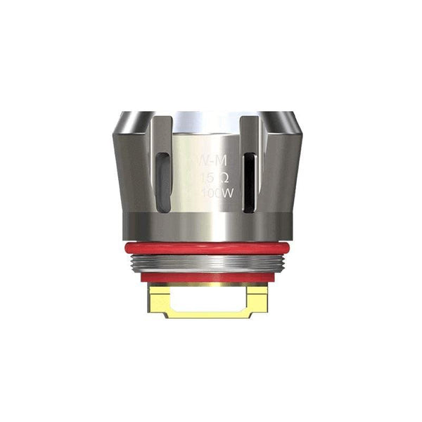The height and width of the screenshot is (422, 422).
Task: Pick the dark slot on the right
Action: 248,181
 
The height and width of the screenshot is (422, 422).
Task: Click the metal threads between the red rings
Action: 211,263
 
